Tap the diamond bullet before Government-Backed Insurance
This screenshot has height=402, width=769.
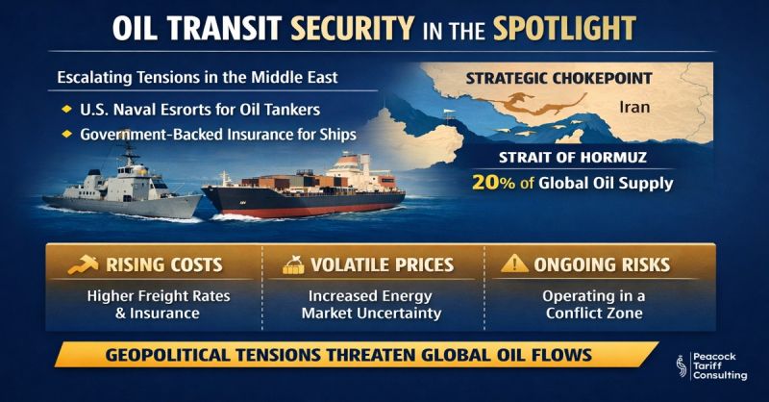tap(66, 134)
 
